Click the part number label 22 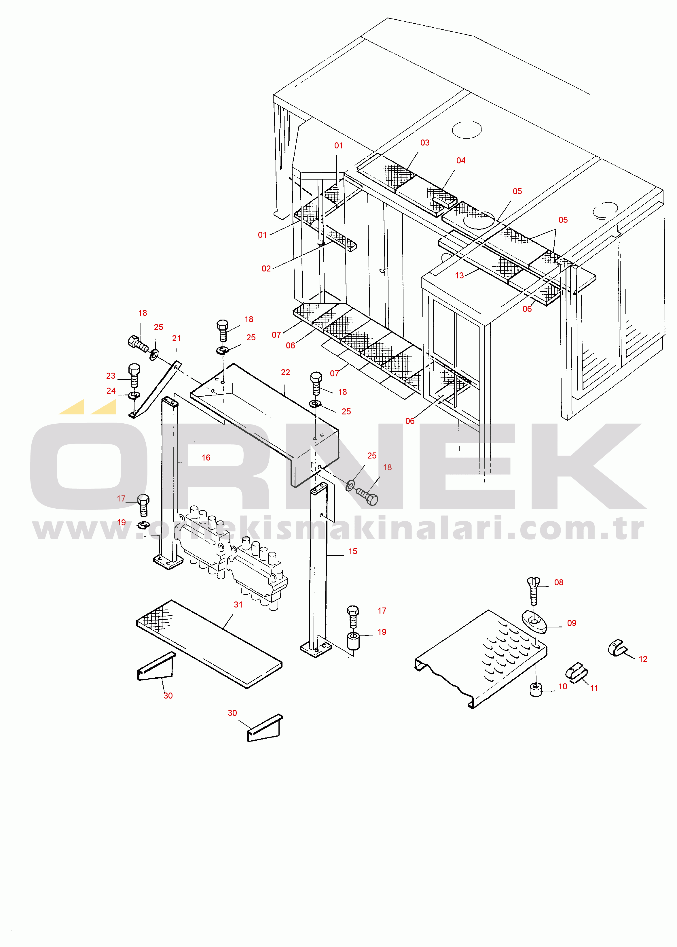pos(286,372)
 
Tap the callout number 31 pos(238,605)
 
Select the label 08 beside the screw pos(559,582)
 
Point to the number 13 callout pos(459,275)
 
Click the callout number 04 pos(461,161)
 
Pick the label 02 pos(266,269)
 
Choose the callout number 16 pos(206,458)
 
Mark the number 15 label pos(353,552)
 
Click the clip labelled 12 pos(616,648)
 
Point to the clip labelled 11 pos(577,672)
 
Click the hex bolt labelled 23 pos(134,375)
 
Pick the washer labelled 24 pos(134,395)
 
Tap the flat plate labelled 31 pos(209,644)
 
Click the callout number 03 pos(425,143)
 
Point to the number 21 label pos(177,338)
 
